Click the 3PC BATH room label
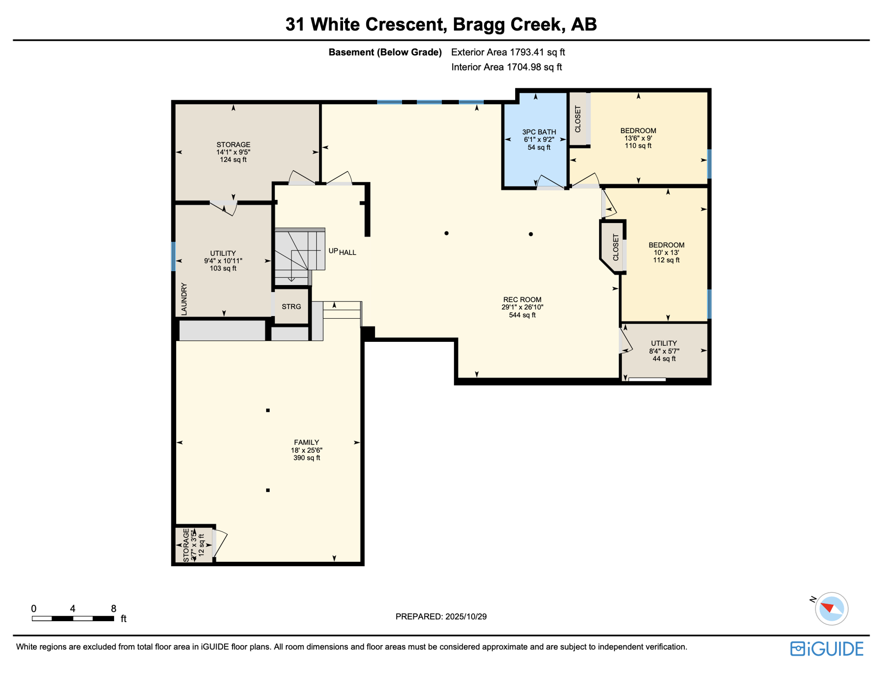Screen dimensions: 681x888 pos(539,132)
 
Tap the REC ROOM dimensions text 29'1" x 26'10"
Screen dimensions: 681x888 pos(522,307)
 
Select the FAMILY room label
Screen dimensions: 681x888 pos(306,442)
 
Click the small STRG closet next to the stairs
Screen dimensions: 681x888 pos(291,307)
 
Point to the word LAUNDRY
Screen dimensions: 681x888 pos(184,299)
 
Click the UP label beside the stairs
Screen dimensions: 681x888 pos(333,251)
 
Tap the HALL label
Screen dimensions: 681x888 pos(348,253)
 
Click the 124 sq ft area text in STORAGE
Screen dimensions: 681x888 pos(233,160)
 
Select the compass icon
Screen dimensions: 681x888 pos(831,609)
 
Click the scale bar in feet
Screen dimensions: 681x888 pos(73,618)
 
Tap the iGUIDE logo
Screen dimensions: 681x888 pos(827,649)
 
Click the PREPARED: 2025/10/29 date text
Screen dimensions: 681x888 pos(441,617)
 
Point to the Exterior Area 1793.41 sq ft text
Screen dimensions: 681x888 pos(508,52)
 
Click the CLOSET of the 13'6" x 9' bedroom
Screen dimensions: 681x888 pos(578,119)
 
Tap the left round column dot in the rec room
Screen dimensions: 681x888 pos(446,233)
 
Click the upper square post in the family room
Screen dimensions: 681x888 pos(268,411)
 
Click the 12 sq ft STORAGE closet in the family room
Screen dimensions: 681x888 pos(194,545)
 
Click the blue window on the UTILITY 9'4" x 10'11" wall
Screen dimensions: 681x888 pos(174,256)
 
